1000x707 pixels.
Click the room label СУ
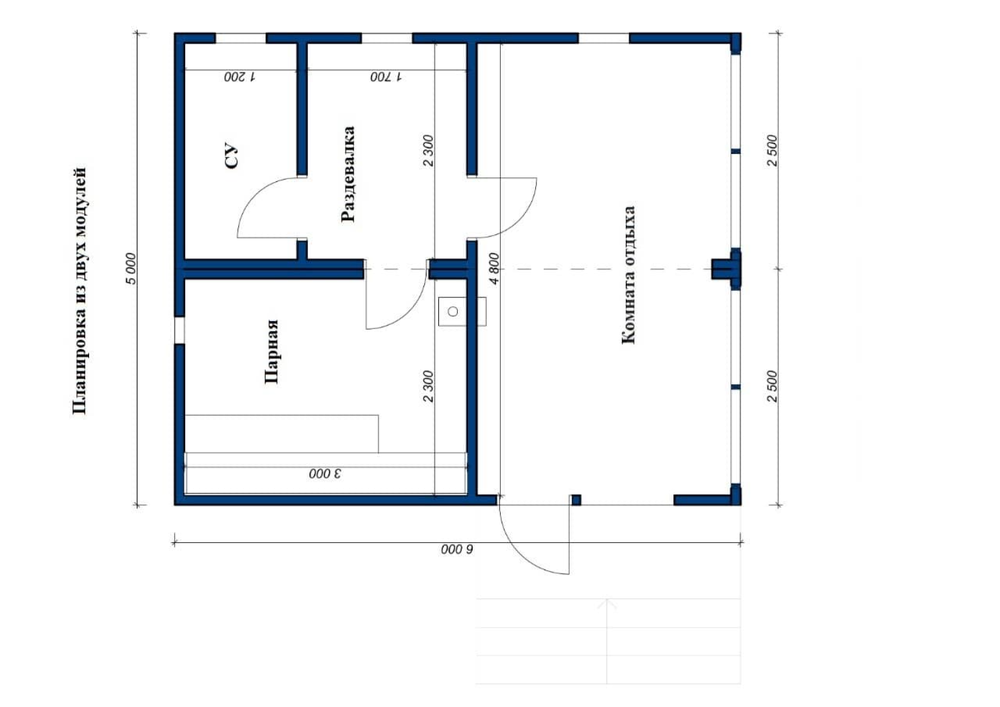[x=231, y=155]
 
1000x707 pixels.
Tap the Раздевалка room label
[x=348, y=174]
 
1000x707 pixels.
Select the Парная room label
[x=271, y=352]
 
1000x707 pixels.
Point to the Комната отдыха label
[x=628, y=275]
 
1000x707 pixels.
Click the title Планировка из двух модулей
[x=79, y=291]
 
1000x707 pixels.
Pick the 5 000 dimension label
[x=130, y=269]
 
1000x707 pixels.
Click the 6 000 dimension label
[x=457, y=549]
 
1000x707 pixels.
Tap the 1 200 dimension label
[x=240, y=77]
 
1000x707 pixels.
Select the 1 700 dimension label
[x=386, y=77]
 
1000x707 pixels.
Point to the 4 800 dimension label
[x=494, y=269]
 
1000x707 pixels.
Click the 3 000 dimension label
[x=325, y=473]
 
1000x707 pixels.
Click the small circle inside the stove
[x=453, y=312]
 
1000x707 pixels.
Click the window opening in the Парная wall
[x=179, y=330]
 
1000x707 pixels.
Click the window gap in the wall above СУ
[x=241, y=38]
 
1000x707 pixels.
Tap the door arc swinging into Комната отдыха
[x=518, y=219]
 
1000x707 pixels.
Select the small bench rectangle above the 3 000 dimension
[x=282, y=434]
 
